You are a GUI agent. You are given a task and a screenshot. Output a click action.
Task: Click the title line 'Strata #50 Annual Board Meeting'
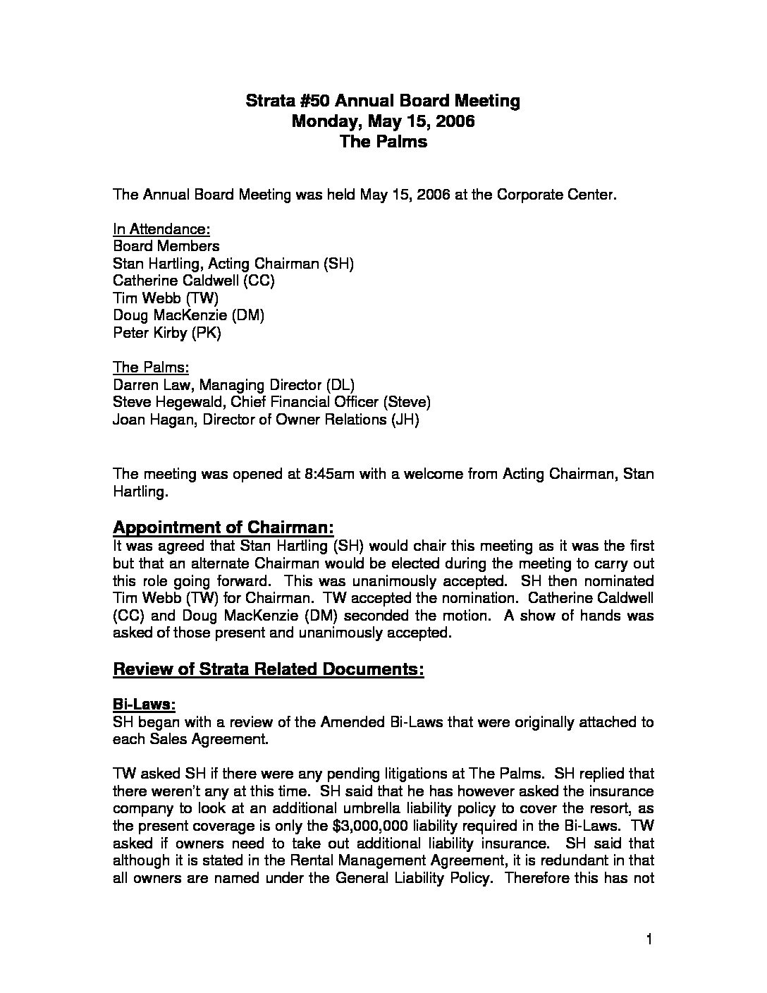pyautogui.click(x=383, y=101)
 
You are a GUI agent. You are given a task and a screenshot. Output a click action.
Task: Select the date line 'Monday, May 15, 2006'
pyautogui.click(x=383, y=121)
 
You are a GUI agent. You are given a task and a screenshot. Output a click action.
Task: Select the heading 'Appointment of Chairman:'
pyautogui.click(x=223, y=528)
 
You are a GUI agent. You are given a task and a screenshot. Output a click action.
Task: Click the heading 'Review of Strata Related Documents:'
pyautogui.click(x=269, y=669)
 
